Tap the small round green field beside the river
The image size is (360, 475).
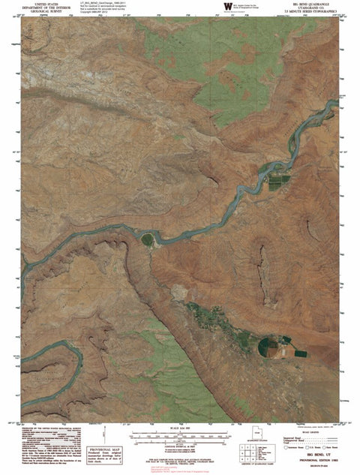pyautogui.click(x=147, y=239)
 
